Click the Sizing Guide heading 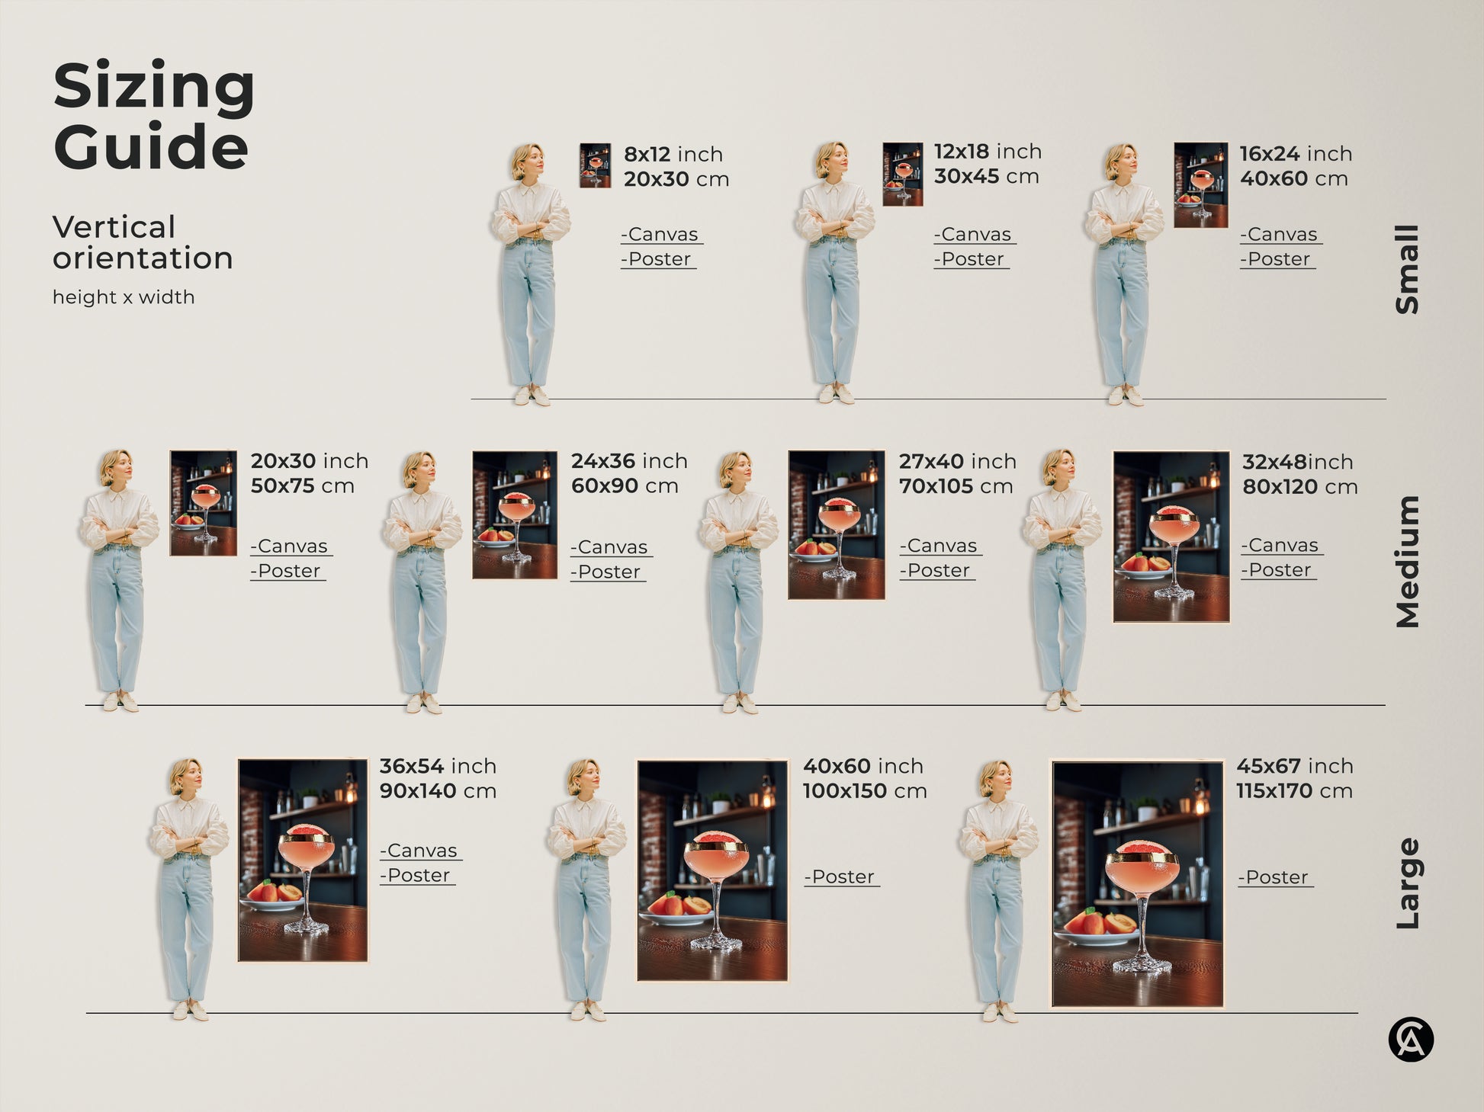(153, 115)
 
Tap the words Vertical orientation (143, 242)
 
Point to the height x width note (124, 297)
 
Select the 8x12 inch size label (673, 154)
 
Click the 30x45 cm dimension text (986, 176)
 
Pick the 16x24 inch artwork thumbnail (1200, 184)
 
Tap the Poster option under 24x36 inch (609, 572)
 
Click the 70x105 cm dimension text (956, 486)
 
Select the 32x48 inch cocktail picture (1171, 537)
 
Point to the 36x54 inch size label (437, 766)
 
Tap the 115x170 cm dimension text (1294, 791)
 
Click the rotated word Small (1407, 269)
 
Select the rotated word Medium (1407, 562)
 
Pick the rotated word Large (1407, 883)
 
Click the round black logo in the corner (1411, 1040)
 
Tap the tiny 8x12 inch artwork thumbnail (595, 165)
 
